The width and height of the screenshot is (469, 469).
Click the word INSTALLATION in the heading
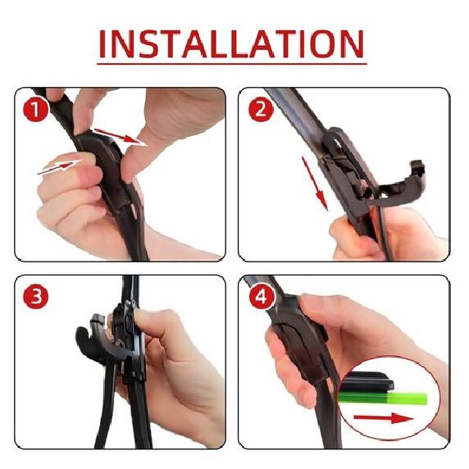[231, 43]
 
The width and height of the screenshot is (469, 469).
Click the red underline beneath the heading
[232, 64]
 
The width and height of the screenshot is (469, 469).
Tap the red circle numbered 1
[35, 110]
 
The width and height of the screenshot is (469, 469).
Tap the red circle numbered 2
[261, 110]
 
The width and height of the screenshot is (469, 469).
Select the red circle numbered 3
[35, 297]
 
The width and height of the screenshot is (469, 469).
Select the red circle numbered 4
[262, 297]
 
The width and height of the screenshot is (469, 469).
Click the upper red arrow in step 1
[121, 136]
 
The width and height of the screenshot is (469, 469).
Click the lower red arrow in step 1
[59, 167]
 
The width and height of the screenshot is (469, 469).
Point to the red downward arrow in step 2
[315, 183]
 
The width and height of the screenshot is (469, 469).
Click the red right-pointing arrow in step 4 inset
[384, 418]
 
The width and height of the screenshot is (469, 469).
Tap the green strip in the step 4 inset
[383, 398]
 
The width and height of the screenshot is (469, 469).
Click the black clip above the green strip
[367, 382]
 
